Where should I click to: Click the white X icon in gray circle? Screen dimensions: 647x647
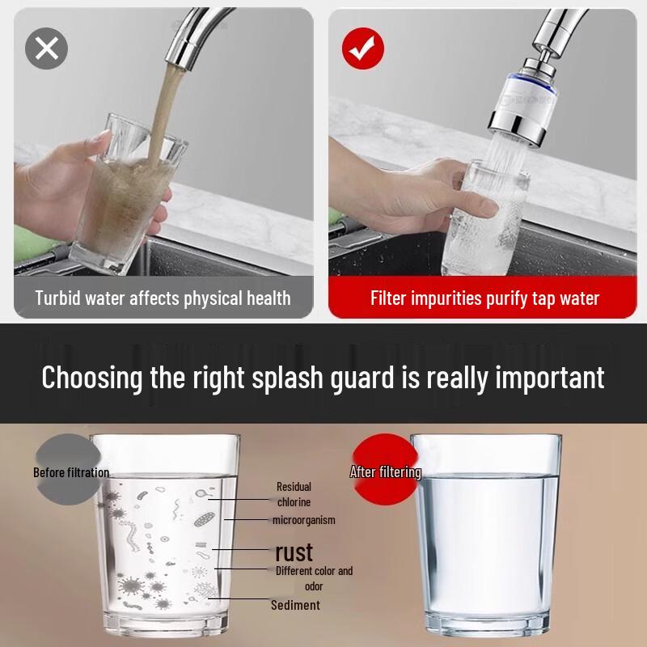coord(47,48)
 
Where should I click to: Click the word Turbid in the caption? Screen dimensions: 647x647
coord(58,298)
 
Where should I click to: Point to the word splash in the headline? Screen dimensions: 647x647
coord(276,377)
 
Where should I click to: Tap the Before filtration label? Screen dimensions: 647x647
coord(71,472)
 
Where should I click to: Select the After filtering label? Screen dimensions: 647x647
coord(385,472)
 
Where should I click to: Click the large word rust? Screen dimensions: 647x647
coord(294,552)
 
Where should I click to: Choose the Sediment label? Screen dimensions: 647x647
coord(295,605)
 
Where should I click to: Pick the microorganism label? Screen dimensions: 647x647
coord(303,520)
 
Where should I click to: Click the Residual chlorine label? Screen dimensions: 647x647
coord(294,494)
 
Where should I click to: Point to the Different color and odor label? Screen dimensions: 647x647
coord(314,578)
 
